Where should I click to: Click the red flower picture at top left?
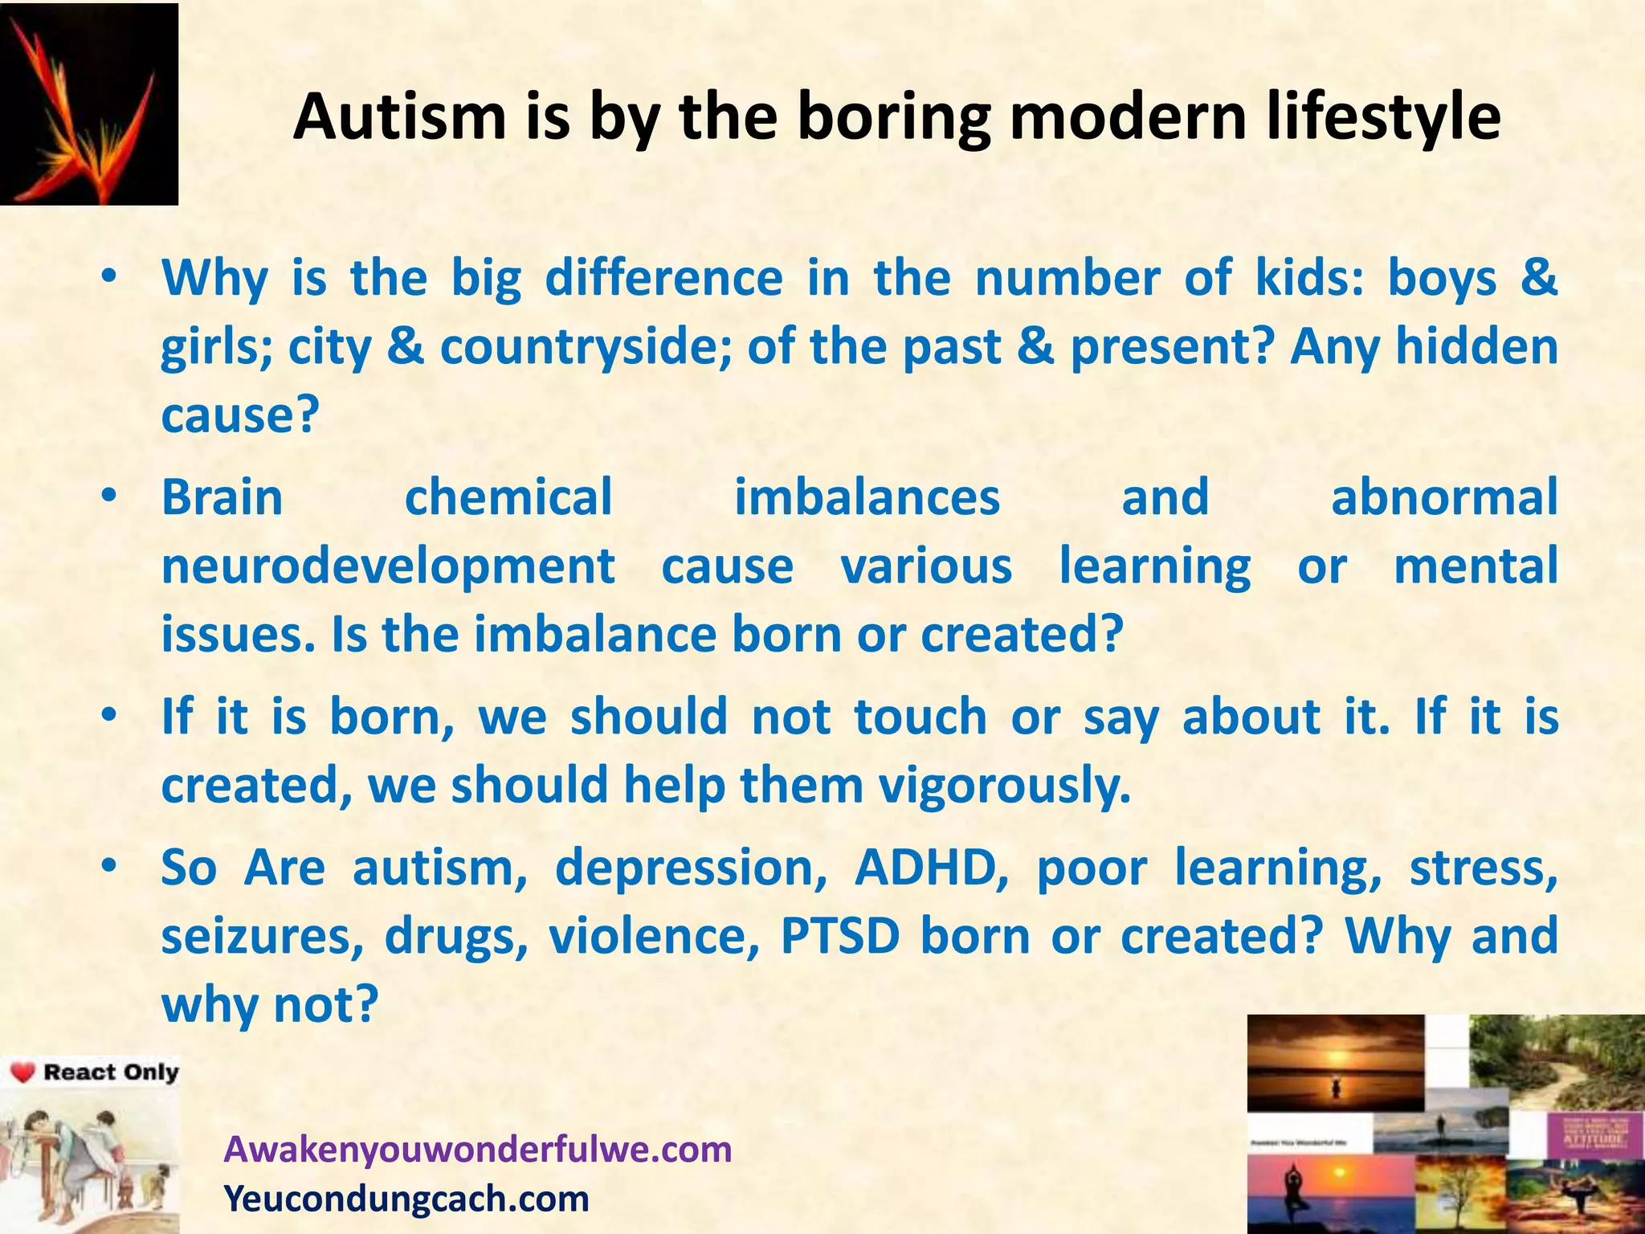[x=88, y=104]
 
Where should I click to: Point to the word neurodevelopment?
[x=388, y=566]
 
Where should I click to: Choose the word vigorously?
[x=1005, y=785]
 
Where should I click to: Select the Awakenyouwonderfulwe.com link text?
[x=478, y=1149]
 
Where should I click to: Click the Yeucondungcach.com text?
[x=406, y=1199]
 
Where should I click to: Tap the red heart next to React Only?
[x=23, y=1073]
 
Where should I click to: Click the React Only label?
[x=111, y=1073]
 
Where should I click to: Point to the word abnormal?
[x=1444, y=496]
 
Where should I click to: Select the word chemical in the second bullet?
[x=508, y=496]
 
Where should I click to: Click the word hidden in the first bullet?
[x=1476, y=347]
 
